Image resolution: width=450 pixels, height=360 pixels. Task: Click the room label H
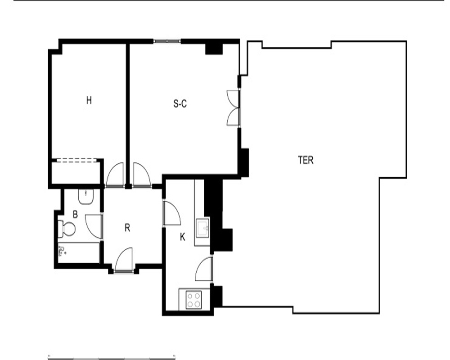(89, 100)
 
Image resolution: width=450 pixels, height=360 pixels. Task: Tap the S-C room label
(180, 103)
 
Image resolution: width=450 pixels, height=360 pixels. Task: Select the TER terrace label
(306, 160)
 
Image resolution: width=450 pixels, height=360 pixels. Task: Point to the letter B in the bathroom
(75, 215)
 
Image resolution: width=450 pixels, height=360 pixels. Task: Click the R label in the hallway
(127, 228)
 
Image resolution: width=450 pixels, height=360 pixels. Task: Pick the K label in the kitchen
(183, 238)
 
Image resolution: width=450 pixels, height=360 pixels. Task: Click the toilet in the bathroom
(67, 229)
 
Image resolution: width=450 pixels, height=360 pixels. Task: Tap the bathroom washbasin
(86, 196)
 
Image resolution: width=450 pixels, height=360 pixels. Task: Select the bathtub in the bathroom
(79, 252)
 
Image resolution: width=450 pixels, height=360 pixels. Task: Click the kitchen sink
(202, 228)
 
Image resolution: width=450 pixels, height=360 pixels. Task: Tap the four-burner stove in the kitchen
(193, 300)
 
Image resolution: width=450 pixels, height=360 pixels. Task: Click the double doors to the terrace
(233, 108)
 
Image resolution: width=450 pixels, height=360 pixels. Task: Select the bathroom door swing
(94, 226)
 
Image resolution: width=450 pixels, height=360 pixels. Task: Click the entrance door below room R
(124, 260)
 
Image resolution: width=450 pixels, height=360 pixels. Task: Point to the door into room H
(115, 175)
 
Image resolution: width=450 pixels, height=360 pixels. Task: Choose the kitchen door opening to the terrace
(204, 269)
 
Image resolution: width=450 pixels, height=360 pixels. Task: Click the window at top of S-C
(167, 41)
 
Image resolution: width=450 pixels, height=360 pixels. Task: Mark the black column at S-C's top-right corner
(214, 49)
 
